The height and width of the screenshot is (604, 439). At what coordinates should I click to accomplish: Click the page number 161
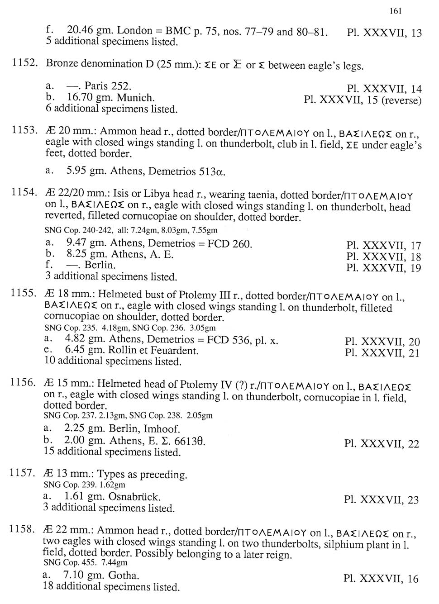(x=395, y=11)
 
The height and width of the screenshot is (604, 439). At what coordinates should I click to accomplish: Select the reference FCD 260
(x=229, y=244)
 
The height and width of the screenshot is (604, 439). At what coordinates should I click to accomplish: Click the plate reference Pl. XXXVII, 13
(x=384, y=33)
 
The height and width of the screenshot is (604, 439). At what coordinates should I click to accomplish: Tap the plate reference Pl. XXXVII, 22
(x=382, y=443)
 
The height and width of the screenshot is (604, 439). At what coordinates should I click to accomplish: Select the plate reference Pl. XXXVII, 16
(x=381, y=578)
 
